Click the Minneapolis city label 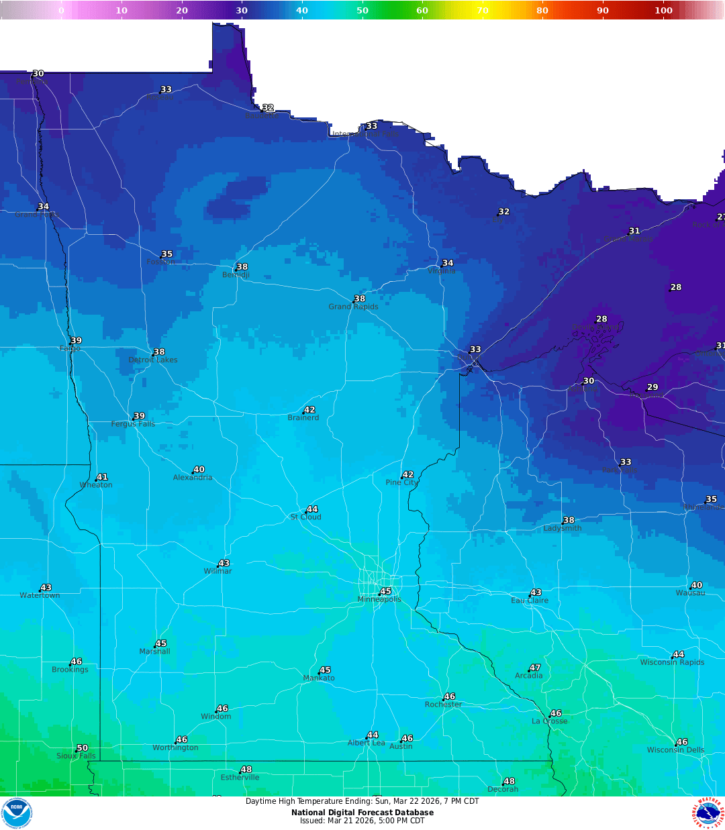(x=379, y=600)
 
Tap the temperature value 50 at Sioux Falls (x=82, y=748)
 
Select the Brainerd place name (x=303, y=418)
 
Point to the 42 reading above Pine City (x=408, y=475)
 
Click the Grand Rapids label (x=353, y=307)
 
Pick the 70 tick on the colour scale (x=483, y=10)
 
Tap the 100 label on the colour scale (x=663, y=10)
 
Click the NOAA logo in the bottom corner (x=17, y=813)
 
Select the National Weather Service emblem (x=708, y=813)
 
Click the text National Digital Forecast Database (x=362, y=813)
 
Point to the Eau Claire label (x=530, y=601)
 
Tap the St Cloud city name (x=305, y=517)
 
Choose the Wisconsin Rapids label (x=672, y=663)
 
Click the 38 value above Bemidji (x=242, y=267)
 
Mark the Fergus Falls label (x=133, y=424)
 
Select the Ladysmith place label (x=563, y=529)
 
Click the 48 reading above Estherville (x=246, y=770)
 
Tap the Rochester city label (x=443, y=705)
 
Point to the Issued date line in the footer (x=362, y=821)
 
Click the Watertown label (x=40, y=596)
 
